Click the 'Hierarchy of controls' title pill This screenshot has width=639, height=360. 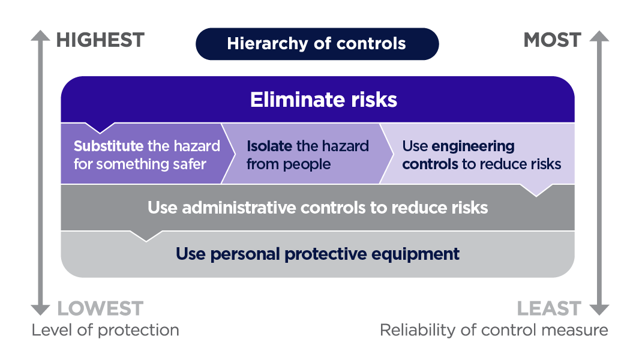tap(317, 44)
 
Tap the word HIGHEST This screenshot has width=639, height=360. tap(100, 40)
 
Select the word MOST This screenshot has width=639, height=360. tap(552, 40)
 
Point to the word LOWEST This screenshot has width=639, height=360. tap(100, 308)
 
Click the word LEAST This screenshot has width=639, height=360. tap(549, 308)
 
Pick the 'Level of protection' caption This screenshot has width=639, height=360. tap(105, 330)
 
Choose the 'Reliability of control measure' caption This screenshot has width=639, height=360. tap(494, 330)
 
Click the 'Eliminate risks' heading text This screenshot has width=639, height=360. tap(323, 100)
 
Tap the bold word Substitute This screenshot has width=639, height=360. tap(109, 146)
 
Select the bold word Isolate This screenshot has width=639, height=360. tap(269, 146)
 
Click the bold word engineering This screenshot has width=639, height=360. tap(473, 146)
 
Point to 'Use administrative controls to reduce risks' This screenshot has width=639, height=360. tap(317, 208)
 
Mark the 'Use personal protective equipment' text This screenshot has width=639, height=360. tap(317, 254)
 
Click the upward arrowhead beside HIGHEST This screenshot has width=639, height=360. tap(40, 36)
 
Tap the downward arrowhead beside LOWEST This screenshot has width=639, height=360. tap(40, 310)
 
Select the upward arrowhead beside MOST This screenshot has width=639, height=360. tap(599, 36)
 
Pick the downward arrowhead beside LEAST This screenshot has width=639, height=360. tap(599, 310)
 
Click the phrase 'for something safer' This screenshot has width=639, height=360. tap(140, 164)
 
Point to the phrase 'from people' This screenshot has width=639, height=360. tap(288, 164)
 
